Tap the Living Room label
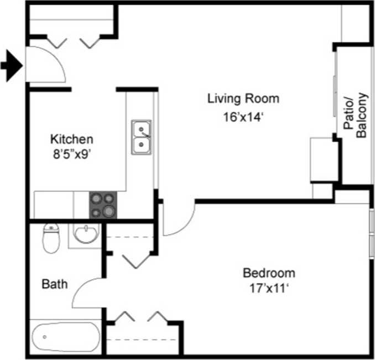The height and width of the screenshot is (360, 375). [243, 99]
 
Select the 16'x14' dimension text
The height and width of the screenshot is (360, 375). [243, 117]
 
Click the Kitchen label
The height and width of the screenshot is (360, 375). [72, 139]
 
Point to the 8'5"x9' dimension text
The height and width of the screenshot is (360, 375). [72, 155]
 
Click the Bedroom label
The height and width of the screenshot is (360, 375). [269, 273]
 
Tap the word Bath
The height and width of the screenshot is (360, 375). [55, 285]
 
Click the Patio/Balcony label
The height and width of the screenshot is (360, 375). [356, 115]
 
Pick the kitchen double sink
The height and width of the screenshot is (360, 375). [142, 137]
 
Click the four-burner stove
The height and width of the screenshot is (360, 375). [103, 205]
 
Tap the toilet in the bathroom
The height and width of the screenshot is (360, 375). [51, 238]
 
